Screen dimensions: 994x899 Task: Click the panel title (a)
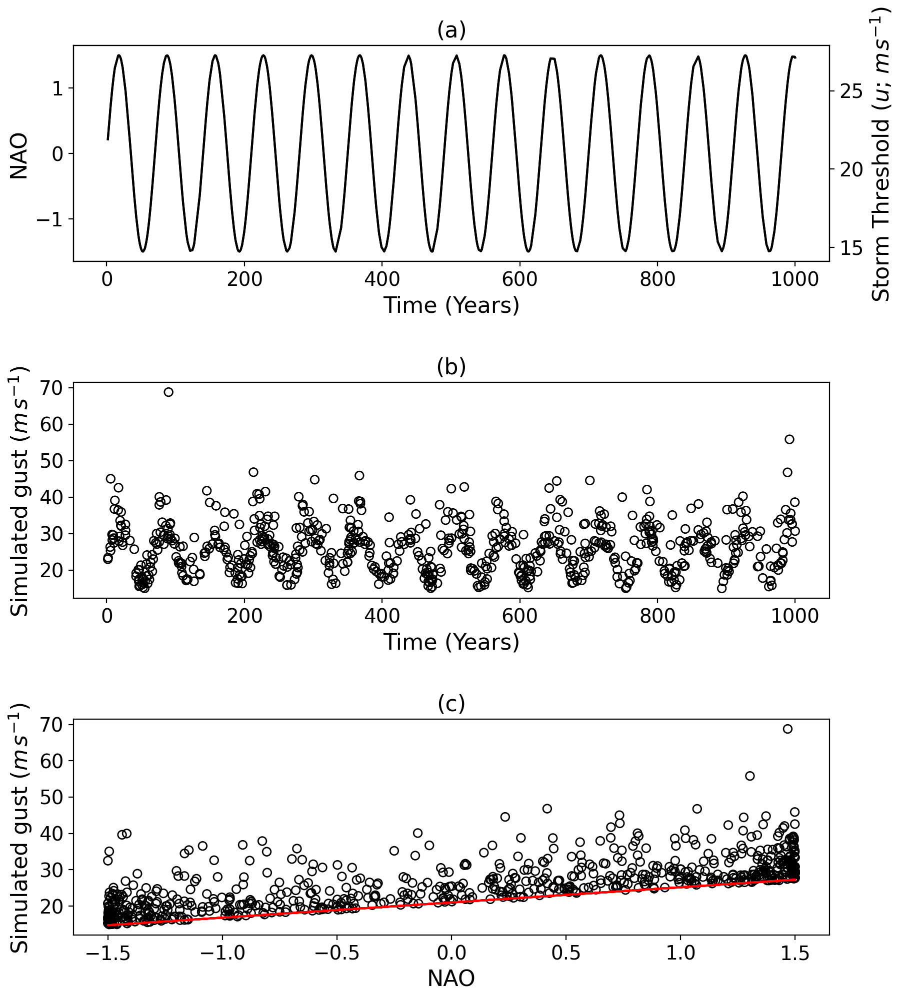(451, 31)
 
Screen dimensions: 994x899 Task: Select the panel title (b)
(451, 367)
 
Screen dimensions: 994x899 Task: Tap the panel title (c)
(451, 704)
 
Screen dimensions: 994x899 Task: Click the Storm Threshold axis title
(881, 155)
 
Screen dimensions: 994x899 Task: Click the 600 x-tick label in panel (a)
(519, 279)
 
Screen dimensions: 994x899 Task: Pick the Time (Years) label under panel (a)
(451, 305)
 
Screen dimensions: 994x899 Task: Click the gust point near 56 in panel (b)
(789, 439)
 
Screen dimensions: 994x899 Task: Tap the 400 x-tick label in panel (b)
(382, 616)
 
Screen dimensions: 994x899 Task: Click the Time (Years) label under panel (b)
(451, 642)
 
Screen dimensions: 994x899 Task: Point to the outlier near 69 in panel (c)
(787, 729)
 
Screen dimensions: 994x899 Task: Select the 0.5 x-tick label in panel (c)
(565, 953)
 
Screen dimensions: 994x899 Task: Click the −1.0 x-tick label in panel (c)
(221, 953)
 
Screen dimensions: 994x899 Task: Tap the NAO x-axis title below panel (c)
(451, 979)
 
